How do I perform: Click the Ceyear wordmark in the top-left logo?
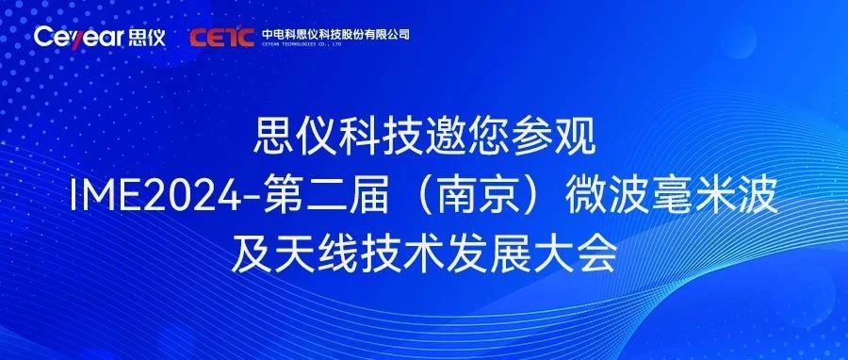tap(76, 37)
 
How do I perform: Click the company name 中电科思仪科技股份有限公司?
tap(335, 33)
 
